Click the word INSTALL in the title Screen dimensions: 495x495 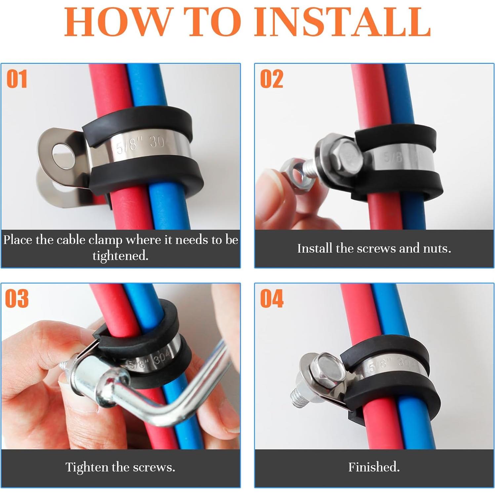pyautogui.click(x=342, y=22)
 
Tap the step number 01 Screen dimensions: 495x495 pyautogui.click(x=17, y=79)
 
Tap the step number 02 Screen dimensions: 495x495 pyautogui.click(x=271, y=79)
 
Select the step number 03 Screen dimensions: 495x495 pyautogui.click(x=17, y=299)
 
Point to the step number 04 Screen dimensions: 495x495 pyautogui.click(x=271, y=299)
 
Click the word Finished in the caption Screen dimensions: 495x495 pyautogui.click(x=374, y=467)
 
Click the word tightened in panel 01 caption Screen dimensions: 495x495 pyautogui.click(x=120, y=256)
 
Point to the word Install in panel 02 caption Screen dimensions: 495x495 pyautogui.click(x=315, y=248)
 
